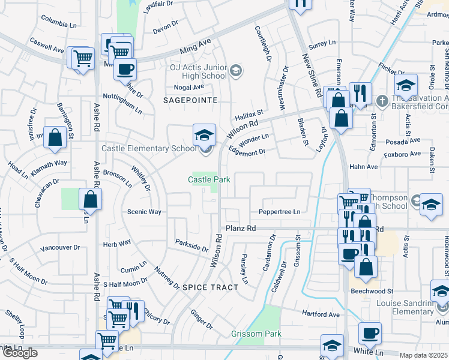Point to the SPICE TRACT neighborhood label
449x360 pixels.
210,287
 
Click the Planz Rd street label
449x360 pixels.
241,229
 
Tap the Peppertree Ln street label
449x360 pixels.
279,212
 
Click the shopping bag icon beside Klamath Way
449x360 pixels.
55,137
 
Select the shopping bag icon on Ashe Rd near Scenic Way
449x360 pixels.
89,199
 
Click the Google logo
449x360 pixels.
20,353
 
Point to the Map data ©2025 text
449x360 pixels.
423,355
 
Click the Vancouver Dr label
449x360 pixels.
60,248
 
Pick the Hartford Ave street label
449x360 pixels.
321,314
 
